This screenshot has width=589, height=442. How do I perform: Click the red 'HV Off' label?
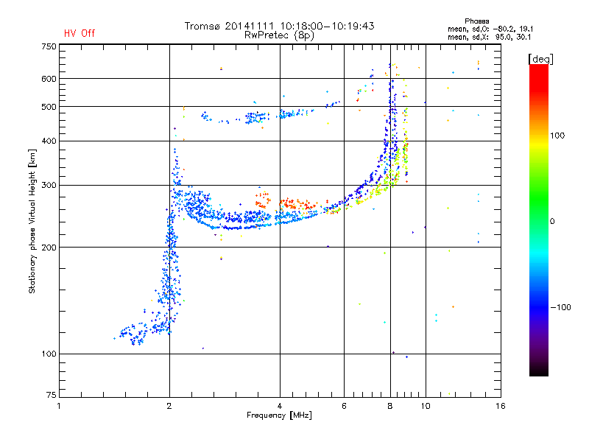(x=79, y=33)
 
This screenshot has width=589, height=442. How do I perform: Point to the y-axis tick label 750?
(x=49, y=46)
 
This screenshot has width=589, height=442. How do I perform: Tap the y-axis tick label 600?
(x=49, y=79)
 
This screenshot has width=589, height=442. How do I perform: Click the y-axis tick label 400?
(x=49, y=141)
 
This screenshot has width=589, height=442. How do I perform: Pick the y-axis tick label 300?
(x=49, y=185)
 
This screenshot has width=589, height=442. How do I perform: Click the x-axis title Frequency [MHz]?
(x=280, y=416)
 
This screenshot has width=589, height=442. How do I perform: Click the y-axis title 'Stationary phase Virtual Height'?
(x=32, y=221)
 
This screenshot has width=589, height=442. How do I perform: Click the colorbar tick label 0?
(x=554, y=221)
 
